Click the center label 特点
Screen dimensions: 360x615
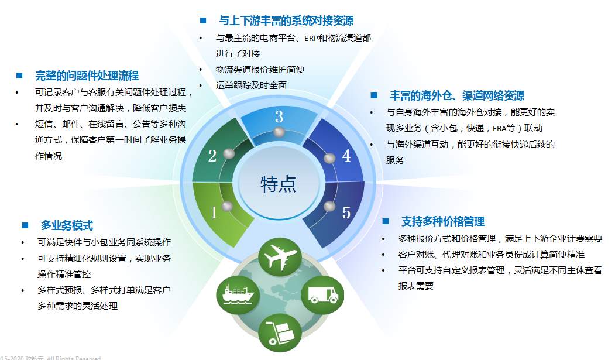278,184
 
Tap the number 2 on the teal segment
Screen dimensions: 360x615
212,156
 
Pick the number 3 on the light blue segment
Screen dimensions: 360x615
279,116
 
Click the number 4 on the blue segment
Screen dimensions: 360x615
346,156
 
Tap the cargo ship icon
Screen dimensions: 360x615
238,290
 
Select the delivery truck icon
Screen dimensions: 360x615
322,292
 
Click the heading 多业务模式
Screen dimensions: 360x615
67,226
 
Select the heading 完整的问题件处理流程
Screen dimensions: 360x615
87,76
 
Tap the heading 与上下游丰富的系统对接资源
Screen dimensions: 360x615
286,21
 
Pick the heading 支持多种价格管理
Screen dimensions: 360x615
442,221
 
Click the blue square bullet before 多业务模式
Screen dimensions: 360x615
25,225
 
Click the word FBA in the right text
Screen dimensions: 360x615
500,128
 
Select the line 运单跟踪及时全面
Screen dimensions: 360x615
251,85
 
